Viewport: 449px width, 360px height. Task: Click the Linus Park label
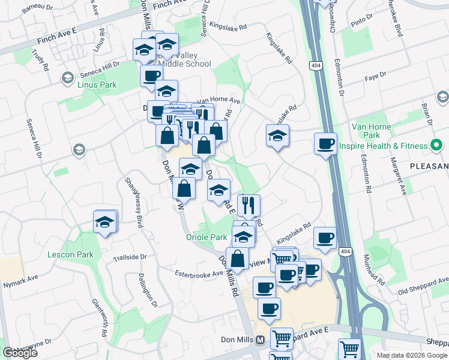97,85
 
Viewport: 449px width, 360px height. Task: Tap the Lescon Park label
71,254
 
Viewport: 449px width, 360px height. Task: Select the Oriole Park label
205,238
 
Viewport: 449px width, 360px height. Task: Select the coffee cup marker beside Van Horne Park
325,144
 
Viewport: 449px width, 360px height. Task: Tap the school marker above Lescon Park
105,223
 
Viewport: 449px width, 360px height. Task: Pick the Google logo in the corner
20,353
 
